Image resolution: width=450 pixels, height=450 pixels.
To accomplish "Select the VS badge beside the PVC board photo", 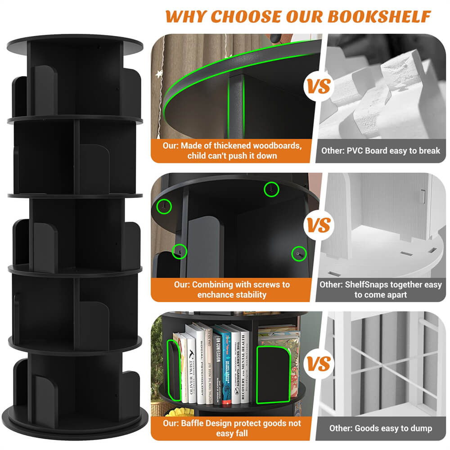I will click(319, 86).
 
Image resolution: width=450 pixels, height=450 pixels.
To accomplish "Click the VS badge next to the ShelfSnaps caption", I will click(319, 225).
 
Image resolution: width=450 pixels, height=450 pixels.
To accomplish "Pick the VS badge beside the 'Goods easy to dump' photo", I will click(319, 364).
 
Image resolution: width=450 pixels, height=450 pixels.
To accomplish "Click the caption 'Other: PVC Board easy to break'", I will click(381, 151).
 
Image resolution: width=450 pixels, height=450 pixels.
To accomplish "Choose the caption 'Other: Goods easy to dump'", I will click(381, 428).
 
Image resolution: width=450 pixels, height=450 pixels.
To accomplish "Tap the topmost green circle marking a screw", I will click(271, 189).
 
